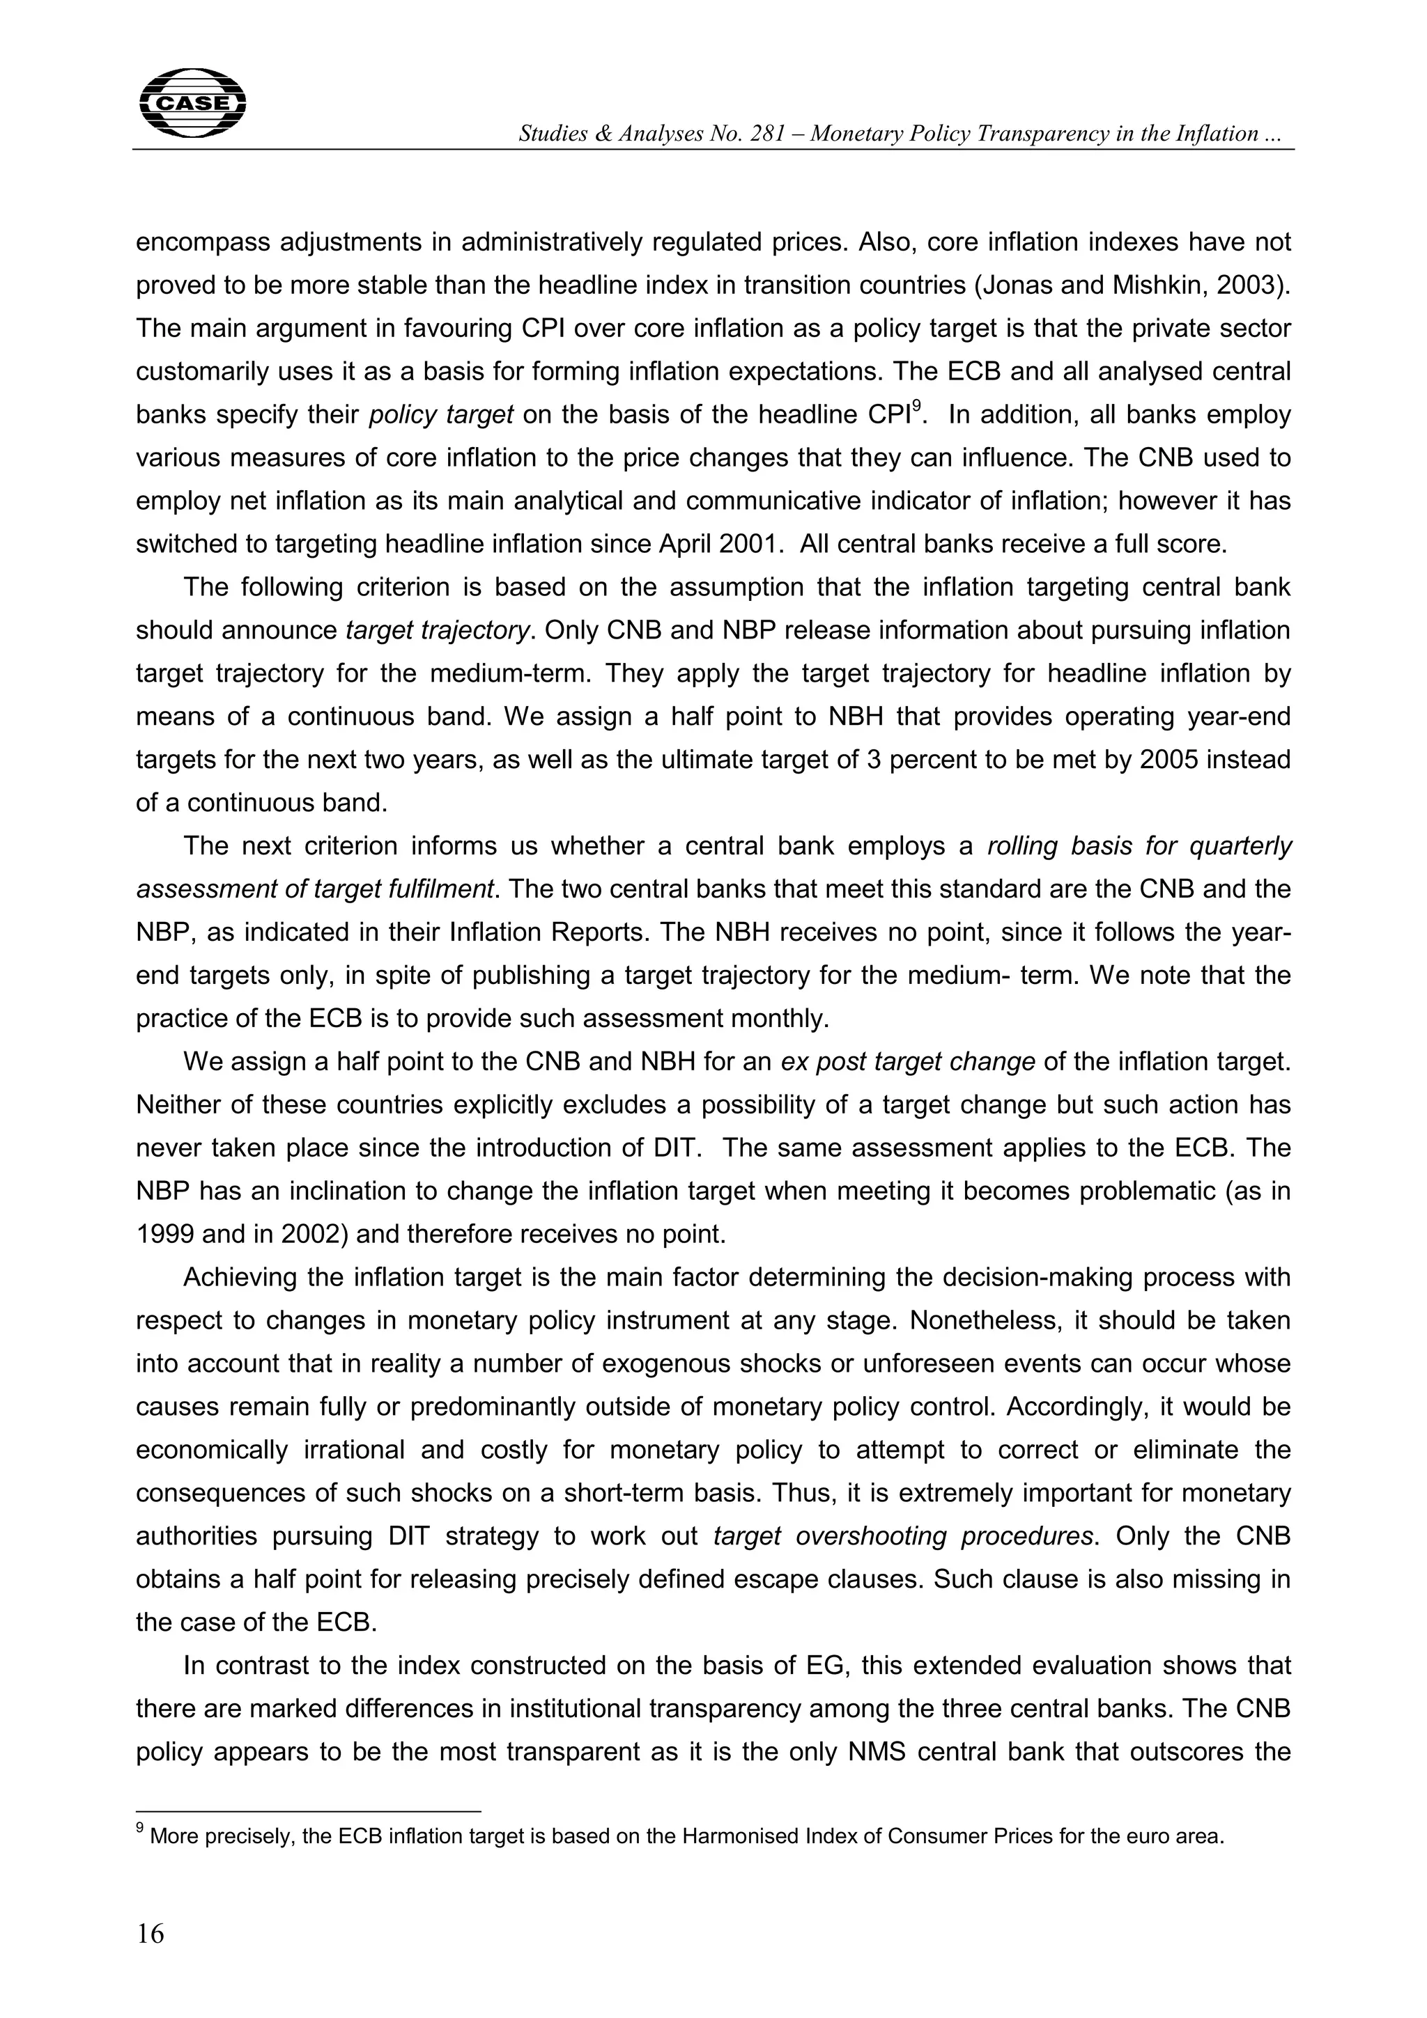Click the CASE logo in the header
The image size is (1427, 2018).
tap(192, 103)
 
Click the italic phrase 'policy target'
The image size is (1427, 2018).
tap(440, 415)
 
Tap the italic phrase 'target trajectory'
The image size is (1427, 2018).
tap(438, 630)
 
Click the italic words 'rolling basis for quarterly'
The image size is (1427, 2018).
tap(1139, 845)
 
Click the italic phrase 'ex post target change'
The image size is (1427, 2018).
tap(907, 1062)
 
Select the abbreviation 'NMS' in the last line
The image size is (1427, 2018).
tap(884, 1752)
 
